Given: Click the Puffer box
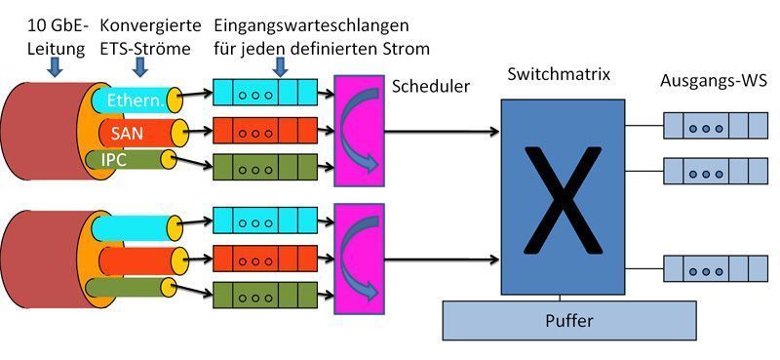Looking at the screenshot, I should coord(569,319).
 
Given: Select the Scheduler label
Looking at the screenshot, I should coord(431,87).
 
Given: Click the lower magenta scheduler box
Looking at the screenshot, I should coord(358,259).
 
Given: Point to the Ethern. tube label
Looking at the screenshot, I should coord(135,98).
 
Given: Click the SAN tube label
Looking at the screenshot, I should coord(127,131).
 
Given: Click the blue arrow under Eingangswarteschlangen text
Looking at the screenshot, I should coord(281,66).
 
